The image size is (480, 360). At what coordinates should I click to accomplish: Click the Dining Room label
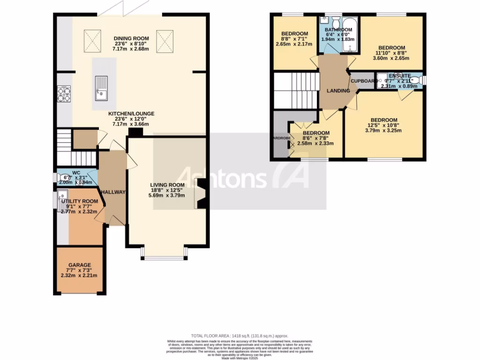131,38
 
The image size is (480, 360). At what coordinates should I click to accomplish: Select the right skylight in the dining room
165,40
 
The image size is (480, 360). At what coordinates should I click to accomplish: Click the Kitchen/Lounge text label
131,113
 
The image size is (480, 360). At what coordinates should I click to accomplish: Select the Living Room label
167,185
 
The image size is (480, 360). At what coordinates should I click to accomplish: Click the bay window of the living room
164,254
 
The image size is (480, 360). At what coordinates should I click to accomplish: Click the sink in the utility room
63,200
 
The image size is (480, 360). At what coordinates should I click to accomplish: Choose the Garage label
79,265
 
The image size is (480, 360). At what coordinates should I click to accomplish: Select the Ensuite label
399,75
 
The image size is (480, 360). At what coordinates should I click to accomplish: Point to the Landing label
338,90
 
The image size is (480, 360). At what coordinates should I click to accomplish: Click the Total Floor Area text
240,336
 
